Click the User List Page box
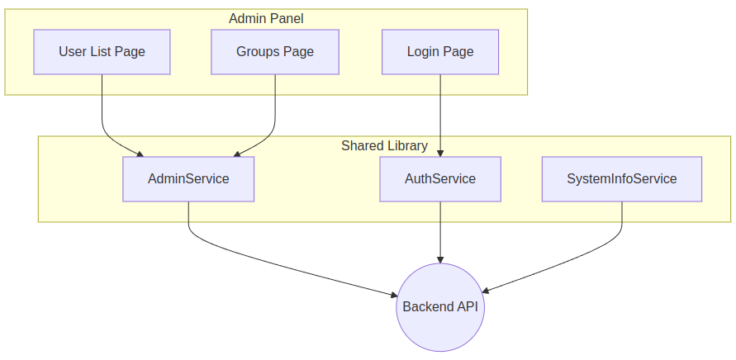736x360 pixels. point(102,52)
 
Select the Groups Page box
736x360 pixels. point(275,52)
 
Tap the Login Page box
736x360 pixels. point(440,52)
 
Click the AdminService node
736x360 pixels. point(188,179)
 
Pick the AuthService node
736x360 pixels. point(440,179)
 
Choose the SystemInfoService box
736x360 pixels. point(621,179)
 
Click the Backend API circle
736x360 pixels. point(440,307)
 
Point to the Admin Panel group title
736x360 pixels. point(266,18)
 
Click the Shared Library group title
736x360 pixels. point(384,146)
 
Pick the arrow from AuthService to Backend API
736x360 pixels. point(440,235)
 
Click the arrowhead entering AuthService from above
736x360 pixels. point(440,151)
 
